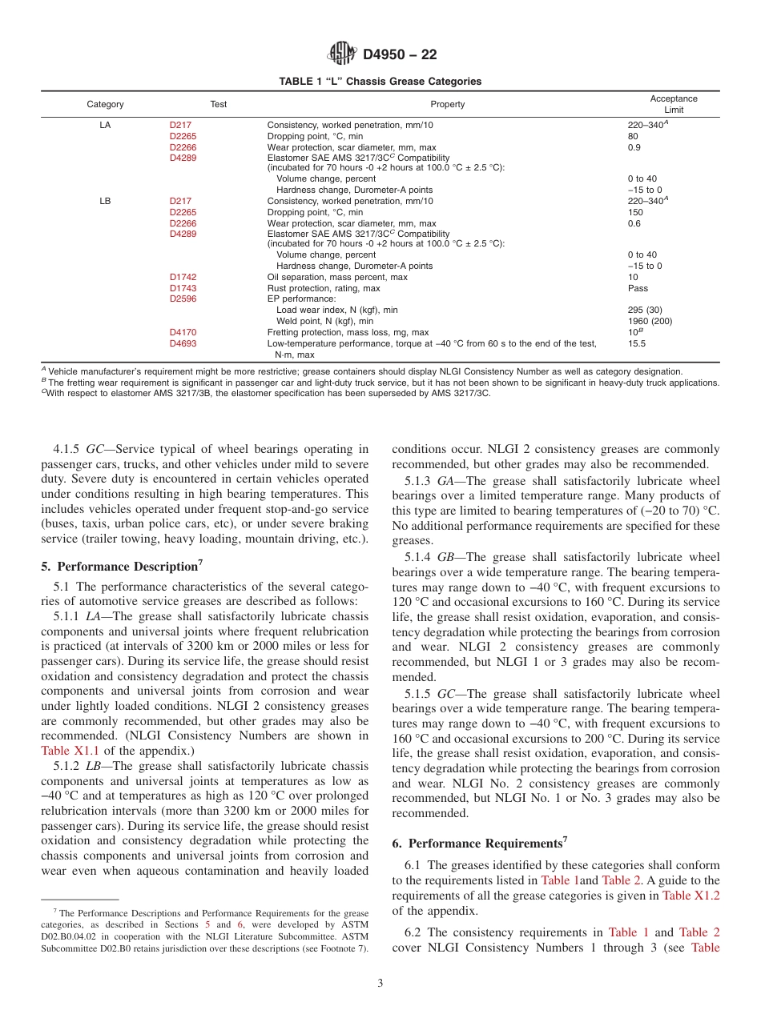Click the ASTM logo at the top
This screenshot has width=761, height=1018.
[x=343, y=54]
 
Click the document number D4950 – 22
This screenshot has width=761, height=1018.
[x=400, y=55]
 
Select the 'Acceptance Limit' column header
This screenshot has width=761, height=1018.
[x=673, y=104]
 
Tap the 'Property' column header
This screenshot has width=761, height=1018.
[x=447, y=104]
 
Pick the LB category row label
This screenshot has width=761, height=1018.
[x=105, y=201]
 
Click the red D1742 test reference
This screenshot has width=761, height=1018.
[x=183, y=277]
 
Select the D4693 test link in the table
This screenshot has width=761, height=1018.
[x=183, y=343]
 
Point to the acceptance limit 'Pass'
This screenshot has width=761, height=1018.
[x=638, y=288]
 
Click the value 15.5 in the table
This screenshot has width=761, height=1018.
[x=637, y=343]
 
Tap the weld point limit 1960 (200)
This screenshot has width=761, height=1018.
[x=650, y=321]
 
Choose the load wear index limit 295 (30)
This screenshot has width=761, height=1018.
[x=646, y=310]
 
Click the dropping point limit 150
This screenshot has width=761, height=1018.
[x=634, y=212]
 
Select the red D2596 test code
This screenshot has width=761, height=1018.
[x=183, y=299]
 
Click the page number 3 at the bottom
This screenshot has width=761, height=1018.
[x=380, y=983]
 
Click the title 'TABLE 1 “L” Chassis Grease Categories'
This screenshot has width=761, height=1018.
[x=380, y=81]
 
